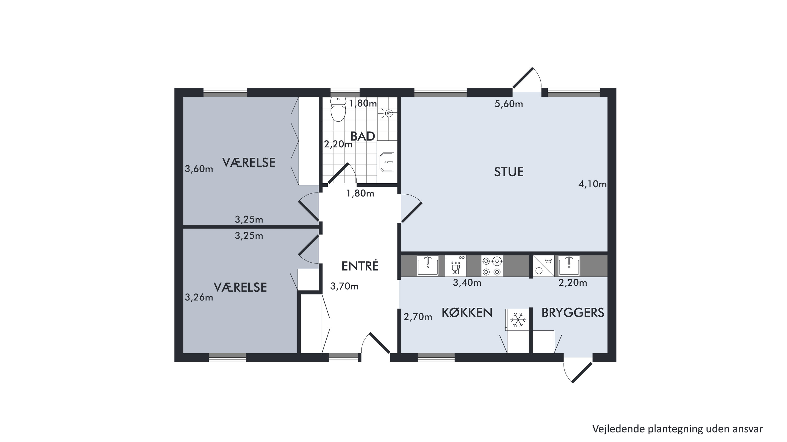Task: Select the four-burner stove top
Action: (x=492, y=266)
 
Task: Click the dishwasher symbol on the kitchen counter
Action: (x=455, y=266)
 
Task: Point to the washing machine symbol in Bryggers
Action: (x=544, y=266)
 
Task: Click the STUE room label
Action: (x=509, y=172)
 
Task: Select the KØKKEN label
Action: (x=467, y=312)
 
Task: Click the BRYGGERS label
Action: (x=573, y=312)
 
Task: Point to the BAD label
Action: (x=363, y=136)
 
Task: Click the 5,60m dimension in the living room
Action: (x=509, y=104)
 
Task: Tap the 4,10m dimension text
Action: (x=593, y=184)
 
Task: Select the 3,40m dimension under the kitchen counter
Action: (x=467, y=283)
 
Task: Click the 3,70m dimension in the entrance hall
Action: (x=344, y=286)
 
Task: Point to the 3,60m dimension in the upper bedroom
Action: (x=199, y=169)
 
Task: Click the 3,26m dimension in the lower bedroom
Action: (x=199, y=297)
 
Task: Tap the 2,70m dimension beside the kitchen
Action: (x=418, y=317)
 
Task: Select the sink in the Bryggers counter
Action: (x=569, y=266)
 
